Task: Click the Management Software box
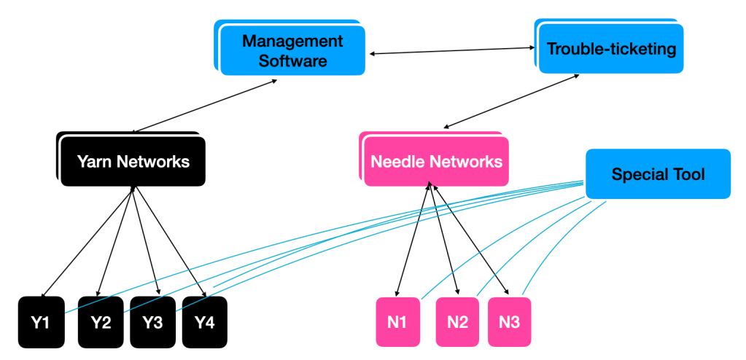click(x=292, y=50)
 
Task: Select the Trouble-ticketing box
click(x=611, y=49)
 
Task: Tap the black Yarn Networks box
click(x=133, y=161)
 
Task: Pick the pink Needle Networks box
click(x=436, y=161)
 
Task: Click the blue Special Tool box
click(x=658, y=174)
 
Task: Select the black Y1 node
click(x=40, y=321)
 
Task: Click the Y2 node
click(x=101, y=321)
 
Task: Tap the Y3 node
click(x=152, y=321)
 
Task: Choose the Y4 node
click(x=204, y=321)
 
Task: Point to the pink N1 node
click(x=398, y=321)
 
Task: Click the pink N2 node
click(x=458, y=321)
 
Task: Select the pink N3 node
click(x=509, y=321)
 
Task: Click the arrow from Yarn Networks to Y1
click(x=88, y=241)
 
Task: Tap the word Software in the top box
click(x=292, y=60)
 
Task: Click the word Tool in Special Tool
click(x=690, y=174)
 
